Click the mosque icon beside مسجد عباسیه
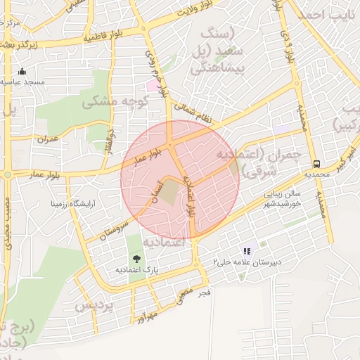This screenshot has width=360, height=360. [x=22, y=71]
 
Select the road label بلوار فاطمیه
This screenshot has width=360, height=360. [x=101, y=37]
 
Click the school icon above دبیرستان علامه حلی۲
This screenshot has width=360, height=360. [x=247, y=250]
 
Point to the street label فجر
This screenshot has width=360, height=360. [x=205, y=292]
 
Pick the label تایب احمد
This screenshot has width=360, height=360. [x=323, y=14]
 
